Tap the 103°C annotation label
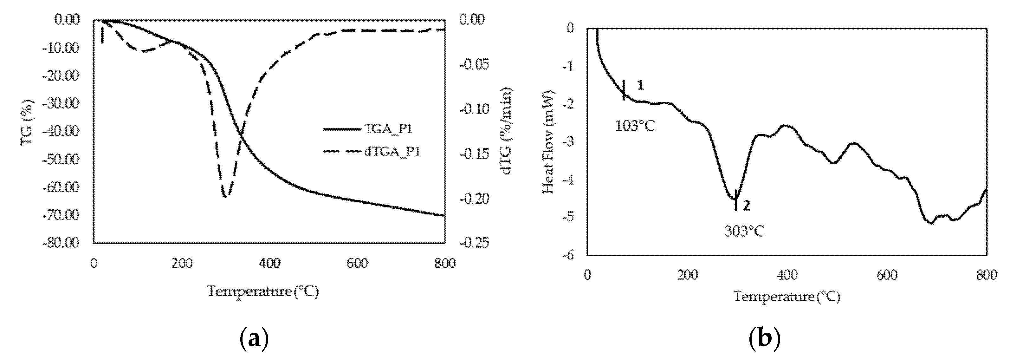point(635,126)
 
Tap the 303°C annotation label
point(744,231)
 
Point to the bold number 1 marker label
point(640,85)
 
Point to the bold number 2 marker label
point(747,206)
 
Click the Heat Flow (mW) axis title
point(548,142)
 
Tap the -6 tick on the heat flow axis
point(568,255)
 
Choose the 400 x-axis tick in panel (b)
point(787,275)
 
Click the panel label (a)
point(254,338)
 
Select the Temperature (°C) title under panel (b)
point(787,297)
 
